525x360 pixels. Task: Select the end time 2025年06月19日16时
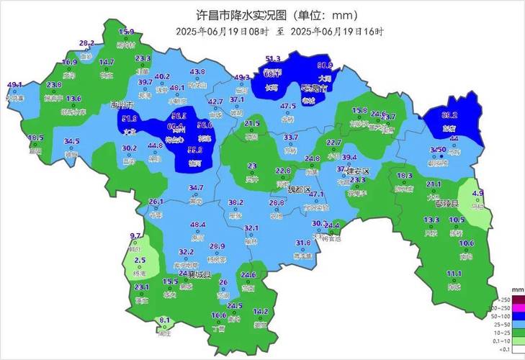coord(337,32)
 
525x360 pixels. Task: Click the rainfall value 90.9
coord(325,65)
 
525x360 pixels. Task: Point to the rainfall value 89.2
coord(449,115)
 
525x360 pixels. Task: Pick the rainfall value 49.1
coord(14,85)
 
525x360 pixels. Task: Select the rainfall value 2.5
coord(140,261)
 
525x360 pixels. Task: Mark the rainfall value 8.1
coord(164,320)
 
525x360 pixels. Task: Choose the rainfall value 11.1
coord(454,274)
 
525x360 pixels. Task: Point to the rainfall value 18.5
coord(35,138)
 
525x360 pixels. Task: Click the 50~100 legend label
coord(504,316)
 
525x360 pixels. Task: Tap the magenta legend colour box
coord(519,308)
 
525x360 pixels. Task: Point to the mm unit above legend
coord(516,291)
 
